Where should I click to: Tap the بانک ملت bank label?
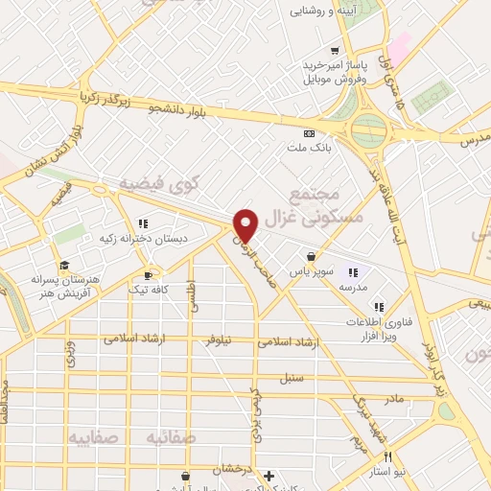pos(308,149)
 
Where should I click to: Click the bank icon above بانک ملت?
pos(309,133)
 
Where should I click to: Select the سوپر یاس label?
pos(314,271)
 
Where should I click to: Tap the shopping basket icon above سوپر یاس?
pos(312,256)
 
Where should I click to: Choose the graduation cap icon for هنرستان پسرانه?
pos(64,266)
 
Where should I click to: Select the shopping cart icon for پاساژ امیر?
pos(334,51)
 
